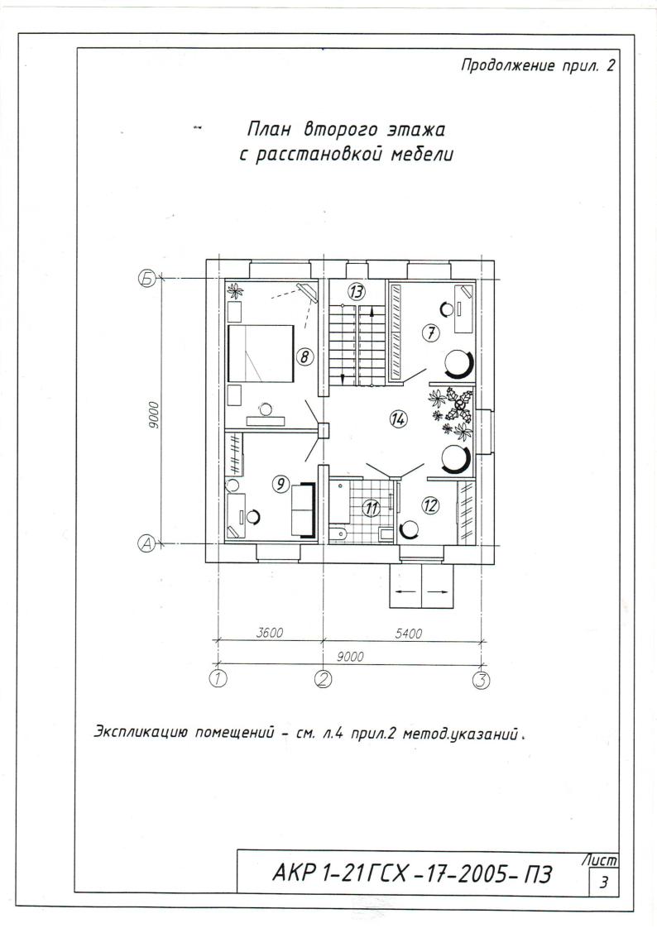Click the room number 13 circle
357,291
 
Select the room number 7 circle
431,333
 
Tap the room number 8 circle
305,356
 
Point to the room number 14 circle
398,419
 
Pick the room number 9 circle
280,484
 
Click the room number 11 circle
372,508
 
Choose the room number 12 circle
430,505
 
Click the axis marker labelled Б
146,278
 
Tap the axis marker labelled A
146,543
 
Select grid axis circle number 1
219,678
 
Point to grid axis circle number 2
323,679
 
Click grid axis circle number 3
482,680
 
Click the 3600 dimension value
269,633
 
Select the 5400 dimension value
409,634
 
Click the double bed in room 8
261,352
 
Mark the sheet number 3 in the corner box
604,883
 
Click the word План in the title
269,129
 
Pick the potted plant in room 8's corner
236,290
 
